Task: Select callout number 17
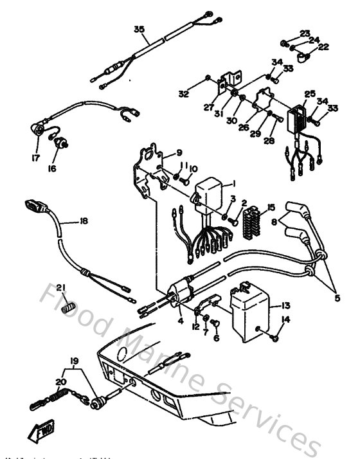pos(35,157)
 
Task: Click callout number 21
pos(61,287)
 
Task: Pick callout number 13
pos(285,306)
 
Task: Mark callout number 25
pos(309,93)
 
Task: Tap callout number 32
pos(184,94)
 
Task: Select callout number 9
pos(179,152)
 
